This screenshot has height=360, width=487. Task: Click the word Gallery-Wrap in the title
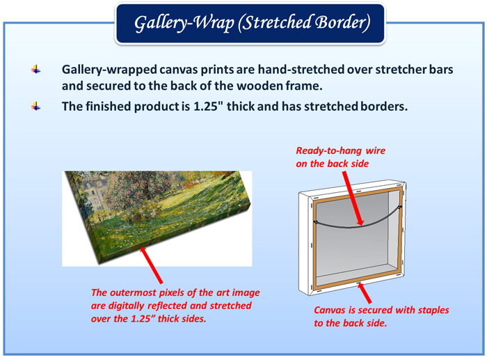click(184, 23)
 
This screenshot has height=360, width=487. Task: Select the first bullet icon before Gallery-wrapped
click(36, 70)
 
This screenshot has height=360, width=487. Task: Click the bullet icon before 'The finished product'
click(36, 107)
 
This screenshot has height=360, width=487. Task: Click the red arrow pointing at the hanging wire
click(353, 198)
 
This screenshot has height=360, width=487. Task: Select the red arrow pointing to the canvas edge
click(151, 265)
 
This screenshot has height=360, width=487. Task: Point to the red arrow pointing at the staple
click(364, 292)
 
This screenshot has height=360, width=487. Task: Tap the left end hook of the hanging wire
click(315, 222)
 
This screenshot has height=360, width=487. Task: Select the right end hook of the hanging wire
click(400, 206)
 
